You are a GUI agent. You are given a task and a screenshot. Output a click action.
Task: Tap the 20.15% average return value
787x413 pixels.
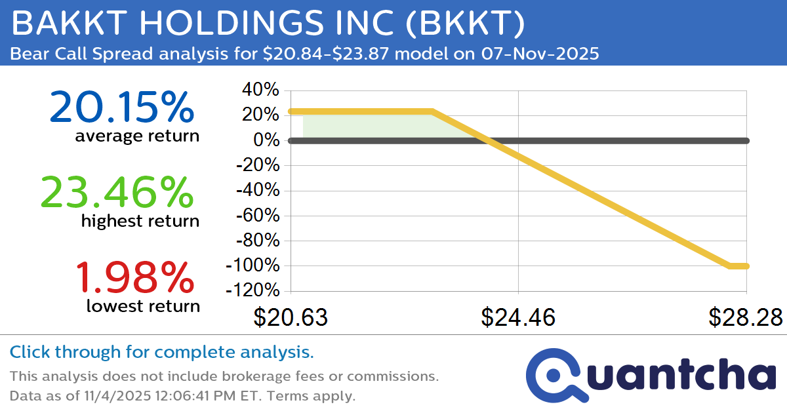pyautogui.click(x=122, y=107)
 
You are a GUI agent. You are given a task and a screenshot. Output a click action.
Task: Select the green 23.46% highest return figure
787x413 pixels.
pyautogui.click(x=117, y=192)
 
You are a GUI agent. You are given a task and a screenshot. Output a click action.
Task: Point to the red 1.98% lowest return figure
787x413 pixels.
pyautogui.click(x=136, y=277)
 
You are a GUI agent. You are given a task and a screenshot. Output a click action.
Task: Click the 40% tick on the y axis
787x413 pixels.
pyautogui.click(x=262, y=90)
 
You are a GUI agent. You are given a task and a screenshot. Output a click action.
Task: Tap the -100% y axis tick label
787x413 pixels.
pyautogui.click(x=252, y=265)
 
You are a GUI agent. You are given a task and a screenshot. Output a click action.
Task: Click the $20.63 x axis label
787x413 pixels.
pyautogui.click(x=291, y=317)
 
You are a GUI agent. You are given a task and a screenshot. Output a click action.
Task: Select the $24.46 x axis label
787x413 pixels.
pyautogui.click(x=518, y=317)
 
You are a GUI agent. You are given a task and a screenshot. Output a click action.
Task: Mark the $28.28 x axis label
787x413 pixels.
pyautogui.click(x=745, y=317)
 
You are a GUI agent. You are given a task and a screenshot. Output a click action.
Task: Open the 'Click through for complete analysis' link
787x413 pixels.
pyautogui.click(x=162, y=353)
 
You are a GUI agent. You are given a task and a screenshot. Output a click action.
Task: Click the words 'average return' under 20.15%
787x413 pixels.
pyautogui.click(x=137, y=136)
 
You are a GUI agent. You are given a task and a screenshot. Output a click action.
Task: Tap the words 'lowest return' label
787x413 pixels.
pyautogui.click(x=143, y=305)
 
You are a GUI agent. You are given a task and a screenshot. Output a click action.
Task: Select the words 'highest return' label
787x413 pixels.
pyautogui.click(x=140, y=221)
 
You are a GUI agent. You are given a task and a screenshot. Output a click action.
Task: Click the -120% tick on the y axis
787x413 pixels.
pyautogui.click(x=252, y=290)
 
